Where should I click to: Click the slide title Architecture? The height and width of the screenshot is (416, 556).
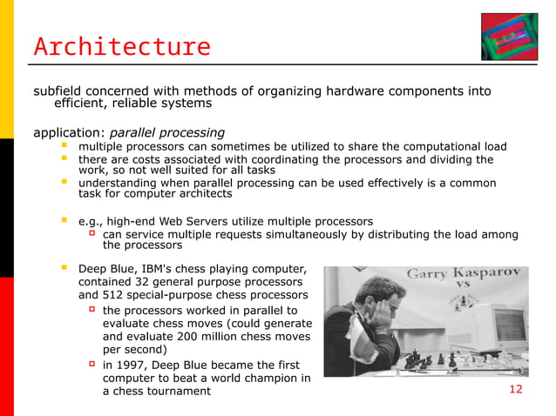pyautogui.click(x=122, y=46)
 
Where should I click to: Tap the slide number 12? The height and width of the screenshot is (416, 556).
pyautogui.click(x=515, y=389)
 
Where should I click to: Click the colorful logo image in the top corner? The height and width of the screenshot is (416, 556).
pyautogui.click(x=514, y=37)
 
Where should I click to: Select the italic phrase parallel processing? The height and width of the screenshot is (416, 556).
pyautogui.click(x=166, y=133)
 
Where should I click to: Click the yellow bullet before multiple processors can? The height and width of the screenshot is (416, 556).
pyautogui.click(x=64, y=146)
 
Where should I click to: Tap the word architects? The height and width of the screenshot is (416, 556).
pyautogui.click(x=204, y=194)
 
